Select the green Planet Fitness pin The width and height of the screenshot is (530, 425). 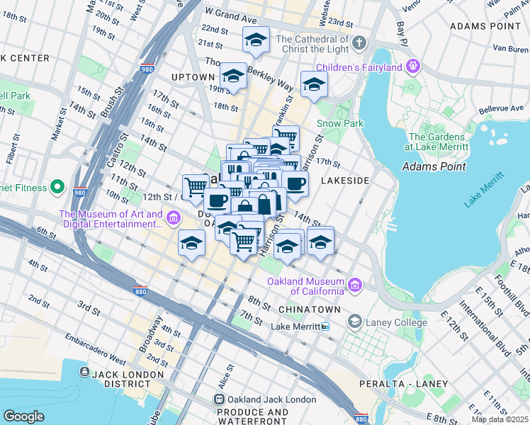57,188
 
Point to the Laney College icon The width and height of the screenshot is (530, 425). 354,322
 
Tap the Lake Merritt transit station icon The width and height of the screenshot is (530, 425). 325,327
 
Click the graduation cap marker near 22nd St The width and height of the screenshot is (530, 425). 256,40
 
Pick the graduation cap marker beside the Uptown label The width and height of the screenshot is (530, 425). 232,76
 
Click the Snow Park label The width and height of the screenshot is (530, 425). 340,123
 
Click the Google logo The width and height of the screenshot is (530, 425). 24,416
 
